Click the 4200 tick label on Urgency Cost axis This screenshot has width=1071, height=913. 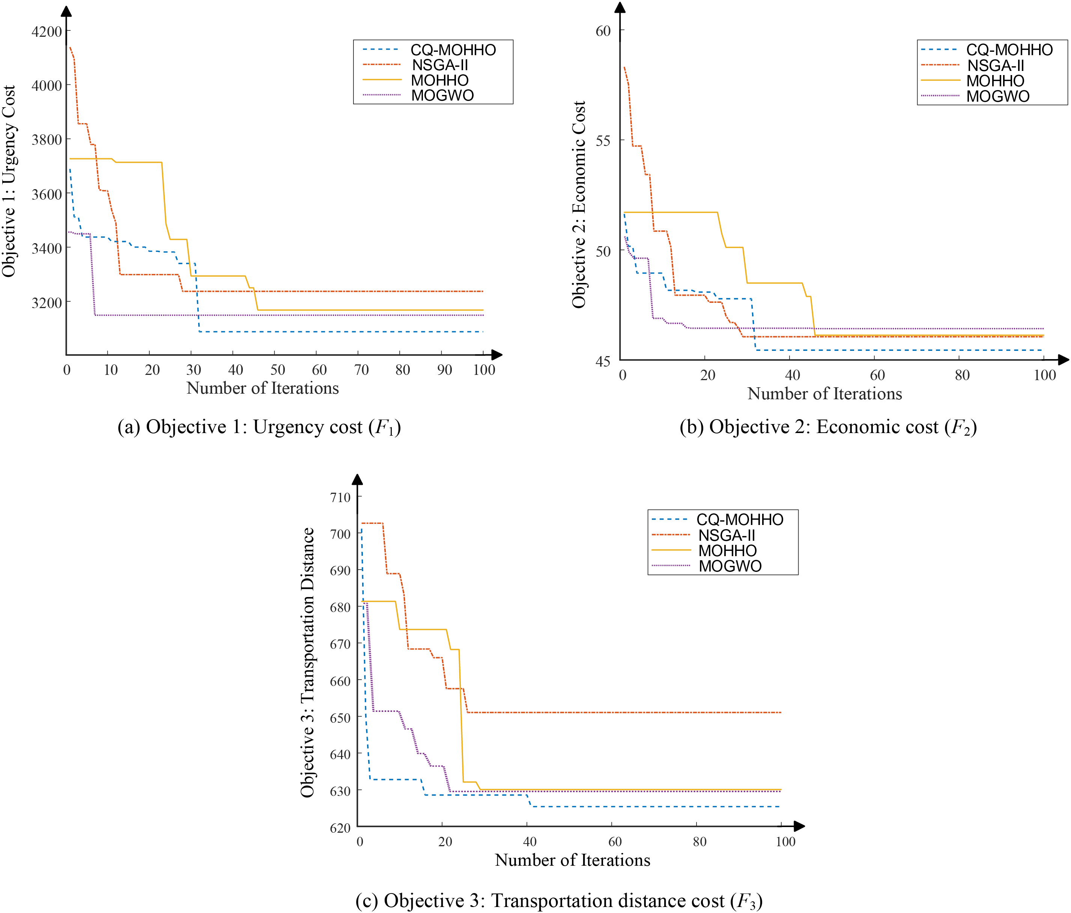[x=47, y=32]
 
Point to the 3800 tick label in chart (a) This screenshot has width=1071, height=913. [x=47, y=140]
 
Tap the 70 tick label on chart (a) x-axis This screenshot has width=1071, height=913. [x=361, y=370]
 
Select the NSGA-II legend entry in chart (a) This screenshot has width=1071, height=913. [x=439, y=65]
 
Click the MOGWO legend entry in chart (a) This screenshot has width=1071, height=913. [x=442, y=95]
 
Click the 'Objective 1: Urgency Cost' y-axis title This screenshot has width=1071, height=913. [x=9, y=181]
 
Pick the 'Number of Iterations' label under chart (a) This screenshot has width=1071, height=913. [x=263, y=388]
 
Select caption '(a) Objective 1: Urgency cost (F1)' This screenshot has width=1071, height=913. [x=259, y=427]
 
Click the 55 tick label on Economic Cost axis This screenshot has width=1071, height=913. [x=603, y=141]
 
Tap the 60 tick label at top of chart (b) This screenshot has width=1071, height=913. [x=603, y=31]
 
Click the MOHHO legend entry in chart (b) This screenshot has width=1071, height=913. [x=995, y=81]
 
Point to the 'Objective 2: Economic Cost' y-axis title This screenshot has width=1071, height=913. [x=579, y=204]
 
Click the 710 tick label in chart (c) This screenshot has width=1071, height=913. [x=340, y=497]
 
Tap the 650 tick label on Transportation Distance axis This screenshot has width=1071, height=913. [x=340, y=717]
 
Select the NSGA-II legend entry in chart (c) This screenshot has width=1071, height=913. [x=726, y=535]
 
